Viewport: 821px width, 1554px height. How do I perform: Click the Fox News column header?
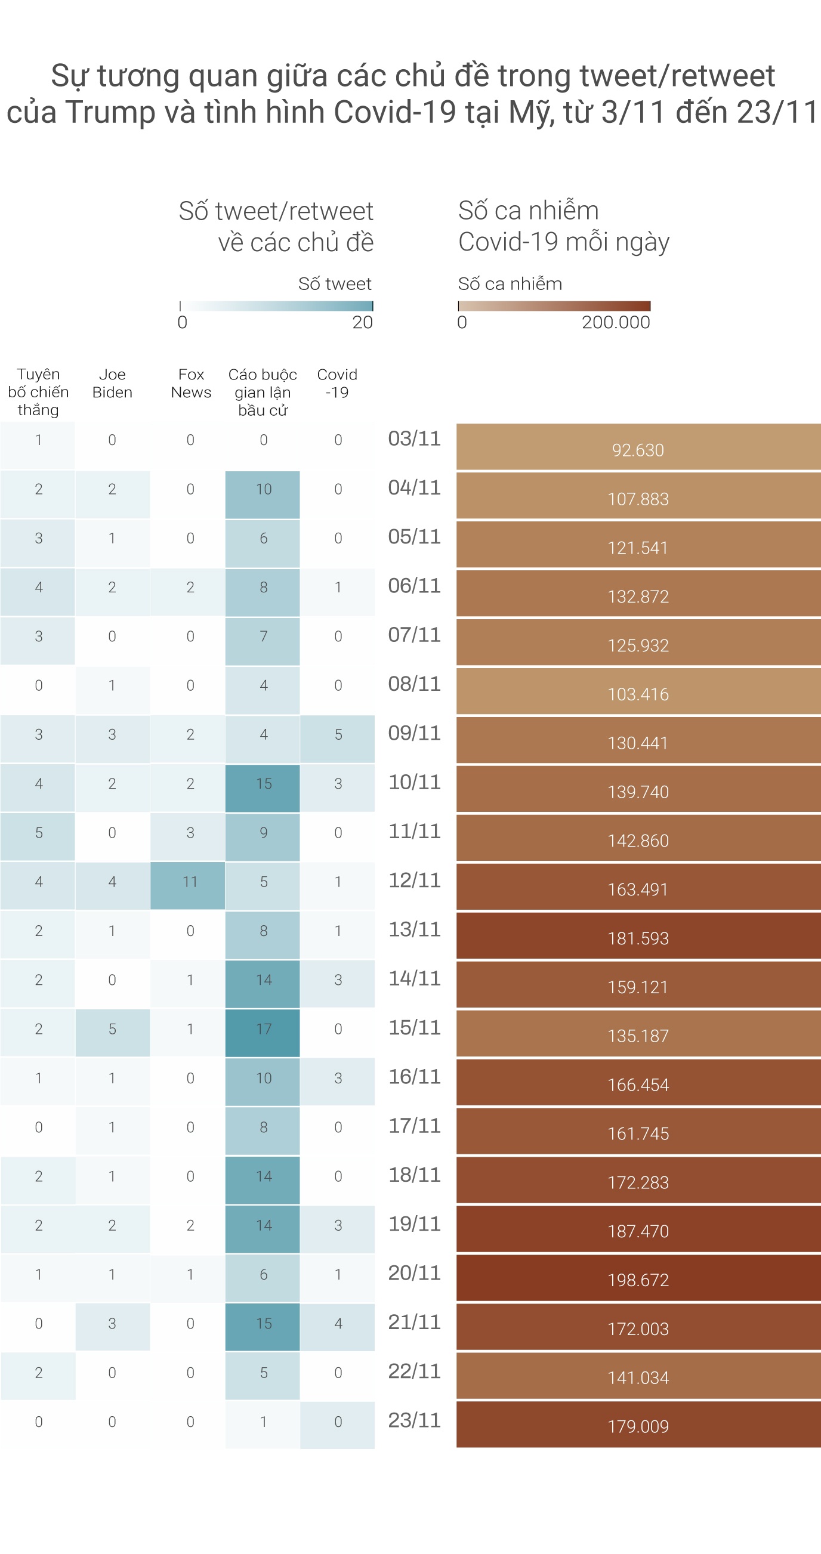pyautogui.click(x=190, y=383)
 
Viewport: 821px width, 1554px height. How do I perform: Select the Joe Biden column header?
pyautogui.click(x=112, y=383)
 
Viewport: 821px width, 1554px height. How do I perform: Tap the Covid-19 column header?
pyautogui.click(x=337, y=383)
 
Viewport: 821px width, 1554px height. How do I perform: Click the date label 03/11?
pyautogui.click(x=415, y=438)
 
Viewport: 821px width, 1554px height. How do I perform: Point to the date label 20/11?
pyautogui.click(x=415, y=1273)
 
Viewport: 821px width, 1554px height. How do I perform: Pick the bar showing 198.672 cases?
pyautogui.click(x=638, y=1278)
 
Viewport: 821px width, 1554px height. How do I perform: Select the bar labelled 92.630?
pyautogui.click(x=638, y=447)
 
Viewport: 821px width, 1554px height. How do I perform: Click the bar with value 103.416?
pyautogui.click(x=638, y=691)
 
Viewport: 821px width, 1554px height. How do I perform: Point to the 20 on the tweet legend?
pyautogui.click(x=363, y=322)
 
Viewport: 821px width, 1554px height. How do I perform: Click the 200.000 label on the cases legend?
pyautogui.click(x=615, y=322)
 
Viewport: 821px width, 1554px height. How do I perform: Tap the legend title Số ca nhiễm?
pyautogui.click(x=510, y=283)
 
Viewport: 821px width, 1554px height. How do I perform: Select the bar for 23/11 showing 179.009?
pyautogui.click(x=638, y=1425)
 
